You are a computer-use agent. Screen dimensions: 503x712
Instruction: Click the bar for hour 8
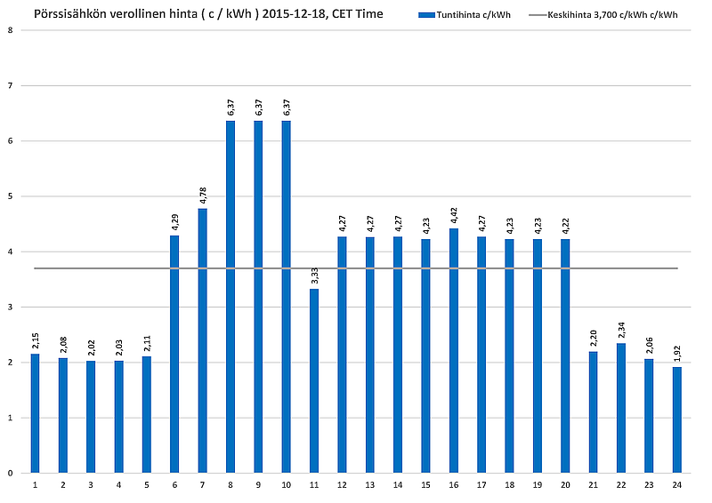231,297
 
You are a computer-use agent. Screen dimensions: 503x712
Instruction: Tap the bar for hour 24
677,419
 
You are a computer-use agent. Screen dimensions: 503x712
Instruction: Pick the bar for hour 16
454,350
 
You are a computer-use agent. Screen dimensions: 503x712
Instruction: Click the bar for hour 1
35,413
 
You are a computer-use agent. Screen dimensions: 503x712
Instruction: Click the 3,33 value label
314,274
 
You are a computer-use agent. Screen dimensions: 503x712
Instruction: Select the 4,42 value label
454,213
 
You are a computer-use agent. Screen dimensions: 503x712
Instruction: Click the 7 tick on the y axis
10,85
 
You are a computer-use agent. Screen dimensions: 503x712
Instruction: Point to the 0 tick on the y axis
10,473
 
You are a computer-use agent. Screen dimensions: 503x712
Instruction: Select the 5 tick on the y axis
10,196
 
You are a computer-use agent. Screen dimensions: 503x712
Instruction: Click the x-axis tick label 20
565,485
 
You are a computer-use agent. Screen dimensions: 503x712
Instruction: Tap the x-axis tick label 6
174,485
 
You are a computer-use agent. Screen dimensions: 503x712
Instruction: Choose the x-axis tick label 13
370,485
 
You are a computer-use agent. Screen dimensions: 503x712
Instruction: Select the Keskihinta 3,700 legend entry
605,15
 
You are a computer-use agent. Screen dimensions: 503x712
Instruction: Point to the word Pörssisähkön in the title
69,14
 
